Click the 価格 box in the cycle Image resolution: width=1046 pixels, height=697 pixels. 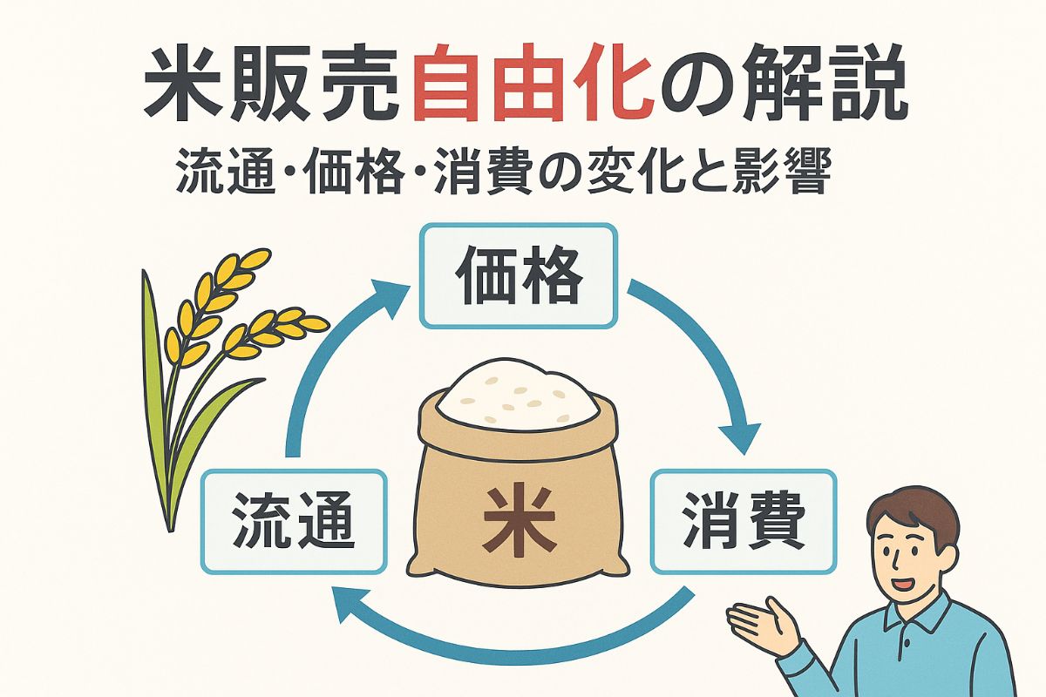tap(518, 275)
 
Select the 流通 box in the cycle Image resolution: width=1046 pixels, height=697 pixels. tap(294, 521)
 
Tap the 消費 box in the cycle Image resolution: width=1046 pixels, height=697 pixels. tap(744, 521)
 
